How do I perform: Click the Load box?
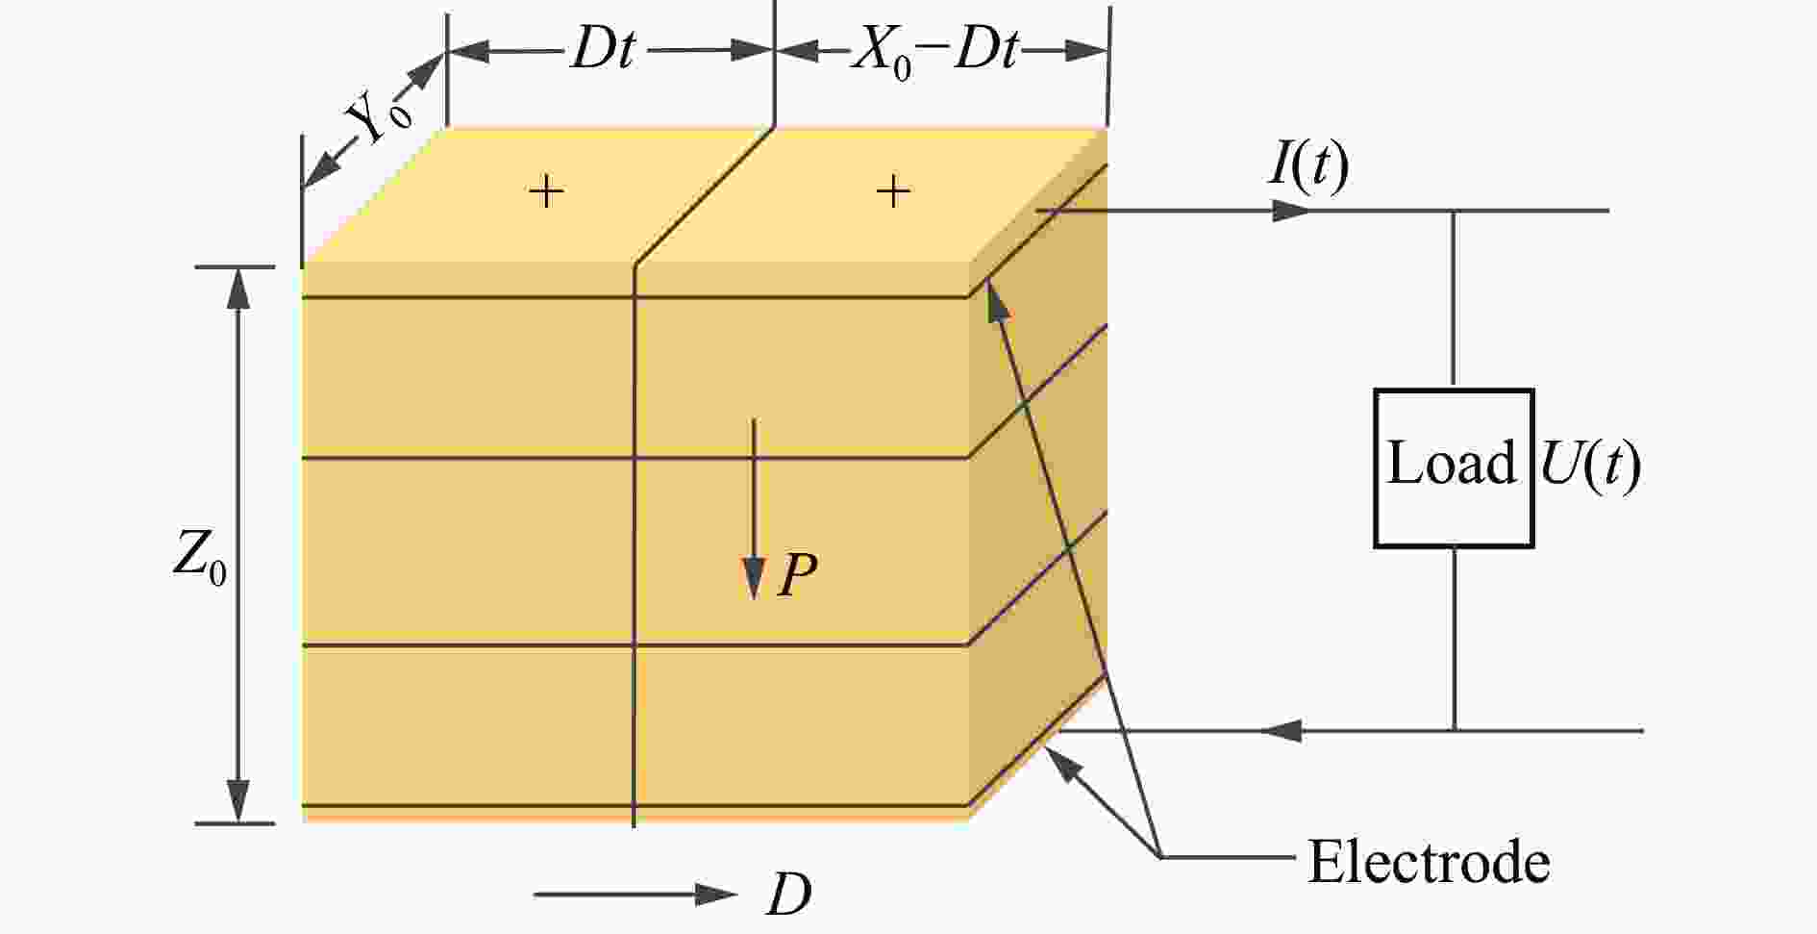tap(1453, 468)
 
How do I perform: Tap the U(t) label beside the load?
tap(1590, 465)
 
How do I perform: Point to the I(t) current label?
tap(1308, 165)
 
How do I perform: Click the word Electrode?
tap(1429, 861)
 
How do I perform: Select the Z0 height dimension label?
tap(200, 557)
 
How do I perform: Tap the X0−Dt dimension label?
tap(934, 51)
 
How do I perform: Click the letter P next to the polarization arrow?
tap(797, 576)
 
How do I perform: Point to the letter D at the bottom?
tap(788, 896)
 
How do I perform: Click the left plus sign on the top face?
tap(546, 192)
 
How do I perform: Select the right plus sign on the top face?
tap(893, 191)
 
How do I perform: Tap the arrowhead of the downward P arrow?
tap(754, 579)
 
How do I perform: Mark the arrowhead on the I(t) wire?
tap(1290, 211)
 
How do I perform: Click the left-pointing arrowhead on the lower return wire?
tap(1281, 731)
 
